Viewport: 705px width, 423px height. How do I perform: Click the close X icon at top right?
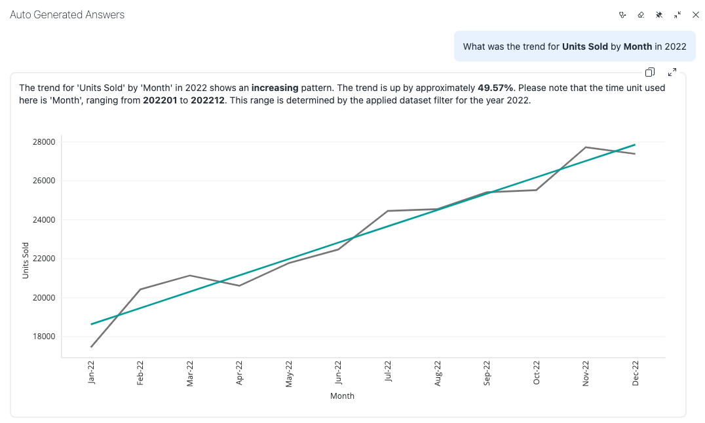(x=696, y=14)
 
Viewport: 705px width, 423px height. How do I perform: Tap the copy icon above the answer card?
(x=650, y=72)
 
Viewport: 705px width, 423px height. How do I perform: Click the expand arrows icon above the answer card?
(x=672, y=72)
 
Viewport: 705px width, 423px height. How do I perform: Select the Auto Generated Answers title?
(x=67, y=14)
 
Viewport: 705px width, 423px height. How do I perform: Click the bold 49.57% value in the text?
(x=496, y=87)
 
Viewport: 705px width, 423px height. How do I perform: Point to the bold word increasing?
(x=275, y=87)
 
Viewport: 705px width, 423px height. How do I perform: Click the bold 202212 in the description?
(x=208, y=101)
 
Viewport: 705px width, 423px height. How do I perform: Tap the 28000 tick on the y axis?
(x=44, y=141)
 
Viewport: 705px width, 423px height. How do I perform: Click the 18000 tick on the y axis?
(x=44, y=337)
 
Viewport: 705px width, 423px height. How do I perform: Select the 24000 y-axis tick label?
(x=44, y=219)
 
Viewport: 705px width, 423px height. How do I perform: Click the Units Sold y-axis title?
(x=26, y=261)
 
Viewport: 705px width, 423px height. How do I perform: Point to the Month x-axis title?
(x=342, y=396)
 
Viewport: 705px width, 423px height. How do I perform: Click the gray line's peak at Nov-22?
(x=586, y=147)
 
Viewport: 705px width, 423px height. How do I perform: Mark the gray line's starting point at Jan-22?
(x=91, y=347)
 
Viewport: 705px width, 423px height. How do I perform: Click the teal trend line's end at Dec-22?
(x=635, y=145)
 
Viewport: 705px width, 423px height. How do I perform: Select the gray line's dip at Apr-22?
(x=239, y=285)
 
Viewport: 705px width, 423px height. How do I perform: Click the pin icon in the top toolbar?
(x=659, y=14)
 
